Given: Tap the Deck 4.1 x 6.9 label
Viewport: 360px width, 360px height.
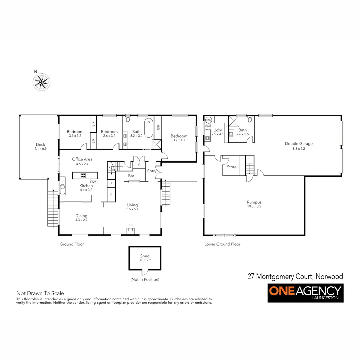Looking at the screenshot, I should click(x=40, y=147).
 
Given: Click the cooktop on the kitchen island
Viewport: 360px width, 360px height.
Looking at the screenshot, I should click(x=83, y=175).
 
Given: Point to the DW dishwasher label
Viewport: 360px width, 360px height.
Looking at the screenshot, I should click(x=93, y=182).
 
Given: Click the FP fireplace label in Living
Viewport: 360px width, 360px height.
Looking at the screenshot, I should click(x=131, y=226).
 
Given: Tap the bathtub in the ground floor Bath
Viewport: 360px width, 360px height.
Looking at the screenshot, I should click(x=149, y=128).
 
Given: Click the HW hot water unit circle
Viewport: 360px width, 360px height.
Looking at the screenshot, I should click(x=209, y=120).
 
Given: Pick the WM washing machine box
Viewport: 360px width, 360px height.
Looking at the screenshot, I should click(x=208, y=127).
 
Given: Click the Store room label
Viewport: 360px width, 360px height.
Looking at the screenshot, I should click(x=232, y=167).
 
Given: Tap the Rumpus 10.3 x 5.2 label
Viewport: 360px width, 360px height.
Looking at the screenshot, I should click(x=254, y=204).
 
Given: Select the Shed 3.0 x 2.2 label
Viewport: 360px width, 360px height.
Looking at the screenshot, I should click(x=145, y=258).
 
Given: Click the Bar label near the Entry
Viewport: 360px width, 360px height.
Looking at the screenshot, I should click(x=131, y=176).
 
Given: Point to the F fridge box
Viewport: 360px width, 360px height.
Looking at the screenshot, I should click(x=111, y=184).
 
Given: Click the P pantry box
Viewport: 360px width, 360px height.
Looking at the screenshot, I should click(x=111, y=194).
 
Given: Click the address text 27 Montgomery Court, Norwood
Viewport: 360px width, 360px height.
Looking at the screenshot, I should click(x=295, y=276).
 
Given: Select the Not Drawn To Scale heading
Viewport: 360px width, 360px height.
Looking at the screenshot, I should click(x=40, y=294).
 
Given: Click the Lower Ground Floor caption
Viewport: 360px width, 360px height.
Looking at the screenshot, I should click(x=222, y=244).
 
